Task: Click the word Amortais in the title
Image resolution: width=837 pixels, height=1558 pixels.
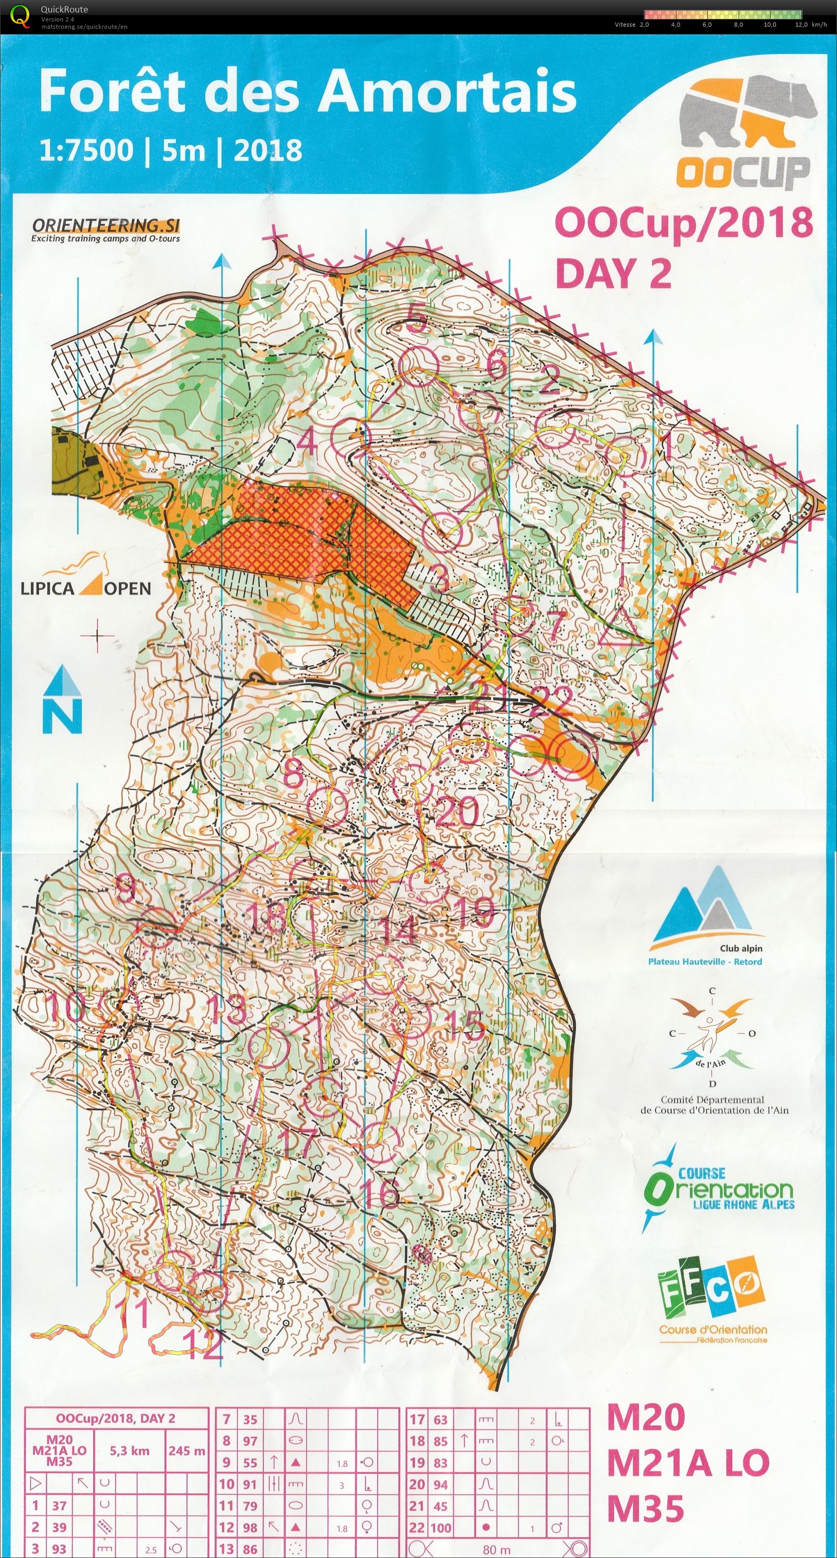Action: coord(447,90)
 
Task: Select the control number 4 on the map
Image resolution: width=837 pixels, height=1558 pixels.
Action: coord(307,441)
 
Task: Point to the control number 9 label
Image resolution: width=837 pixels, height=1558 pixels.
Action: coord(125,889)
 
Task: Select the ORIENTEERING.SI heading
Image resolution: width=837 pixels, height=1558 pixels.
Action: coord(106,225)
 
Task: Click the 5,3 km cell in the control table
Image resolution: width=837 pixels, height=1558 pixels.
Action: coord(129,1450)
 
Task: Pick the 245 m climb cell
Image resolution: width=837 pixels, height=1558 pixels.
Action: coord(186,1450)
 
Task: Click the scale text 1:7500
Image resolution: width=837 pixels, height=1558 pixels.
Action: coord(86,150)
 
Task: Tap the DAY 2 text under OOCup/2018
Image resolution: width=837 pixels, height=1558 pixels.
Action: coord(613,274)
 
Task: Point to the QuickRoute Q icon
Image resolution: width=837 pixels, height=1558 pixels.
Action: coord(20,16)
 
